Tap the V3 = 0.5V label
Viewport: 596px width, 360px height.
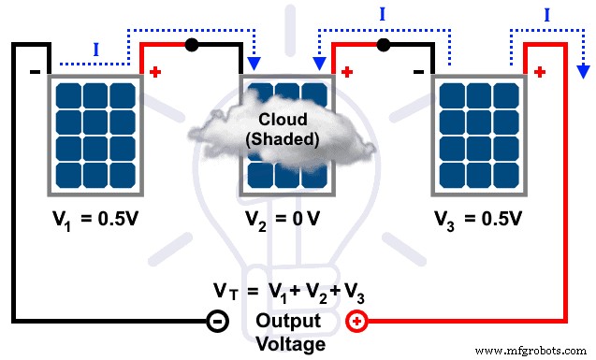click(x=477, y=222)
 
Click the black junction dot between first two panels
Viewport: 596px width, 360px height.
click(x=191, y=44)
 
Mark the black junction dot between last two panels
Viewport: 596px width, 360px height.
click(x=382, y=44)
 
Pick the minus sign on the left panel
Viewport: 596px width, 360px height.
click(x=34, y=70)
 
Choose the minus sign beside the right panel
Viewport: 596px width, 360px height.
click(x=419, y=70)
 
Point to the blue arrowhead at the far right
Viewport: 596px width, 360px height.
click(x=582, y=69)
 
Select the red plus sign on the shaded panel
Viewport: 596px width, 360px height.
click(x=348, y=70)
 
